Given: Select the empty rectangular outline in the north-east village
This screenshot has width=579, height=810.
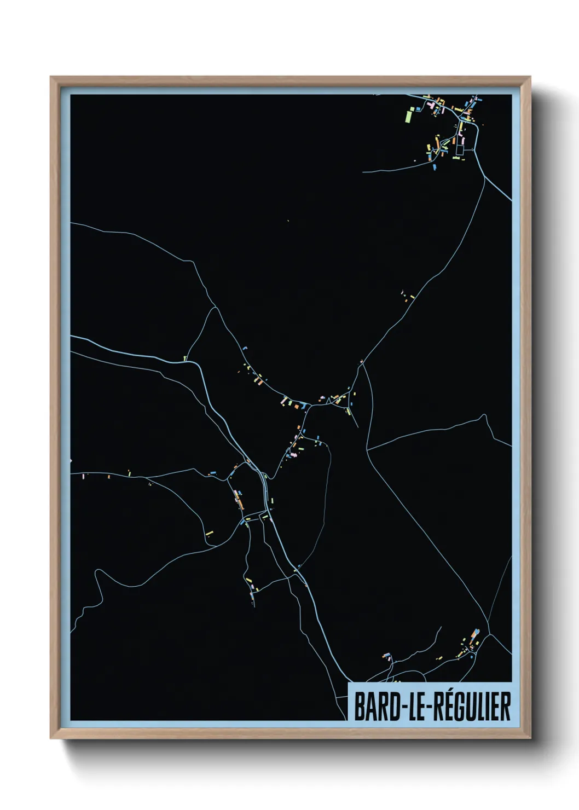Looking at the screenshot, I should click(460, 149).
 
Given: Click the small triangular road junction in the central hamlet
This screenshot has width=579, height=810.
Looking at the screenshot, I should click(327, 401).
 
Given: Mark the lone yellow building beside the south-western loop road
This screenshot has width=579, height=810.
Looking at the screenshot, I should click(209, 533).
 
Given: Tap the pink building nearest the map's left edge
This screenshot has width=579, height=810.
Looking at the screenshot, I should click(83, 477).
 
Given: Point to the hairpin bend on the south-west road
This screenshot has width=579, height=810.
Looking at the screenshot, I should click(98, 573).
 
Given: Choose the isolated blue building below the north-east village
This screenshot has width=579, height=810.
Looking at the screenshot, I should click(435, 166).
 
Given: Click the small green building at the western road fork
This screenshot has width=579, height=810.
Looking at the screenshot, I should click(185, 359).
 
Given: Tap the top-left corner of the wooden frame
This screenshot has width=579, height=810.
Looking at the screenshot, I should click(51, 78).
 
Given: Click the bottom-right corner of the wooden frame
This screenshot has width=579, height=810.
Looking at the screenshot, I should click(530, 738).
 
